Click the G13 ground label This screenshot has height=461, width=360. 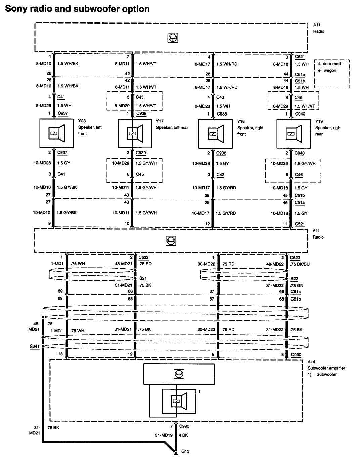point(185,451)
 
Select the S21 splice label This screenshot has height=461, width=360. point(143,278)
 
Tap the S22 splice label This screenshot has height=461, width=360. point(294,278)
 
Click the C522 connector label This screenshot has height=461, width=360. point(143,257)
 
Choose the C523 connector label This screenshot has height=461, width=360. point(296,257)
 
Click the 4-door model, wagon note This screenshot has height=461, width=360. point(331,67)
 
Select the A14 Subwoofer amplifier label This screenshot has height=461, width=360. point(326,368)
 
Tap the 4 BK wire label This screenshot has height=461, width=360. point(183,435)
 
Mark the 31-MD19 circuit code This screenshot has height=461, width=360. point(164,435)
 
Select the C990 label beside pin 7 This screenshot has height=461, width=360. point(184,426)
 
